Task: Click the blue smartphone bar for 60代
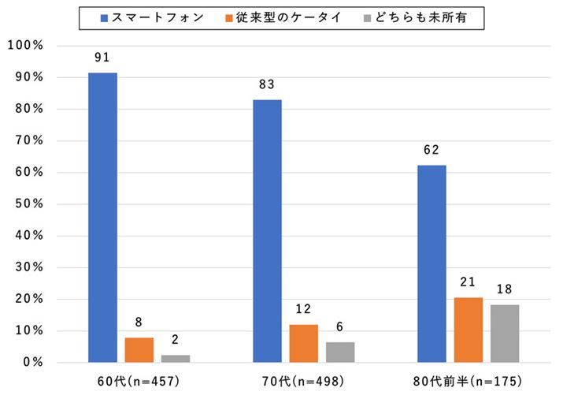click(102, 218)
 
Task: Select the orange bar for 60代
click(139, 350)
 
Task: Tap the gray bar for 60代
click(175, 359)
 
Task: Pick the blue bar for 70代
click(267, 231)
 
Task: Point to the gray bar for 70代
click(340, 352)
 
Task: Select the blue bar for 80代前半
click(432, 264)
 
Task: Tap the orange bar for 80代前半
click(468, 330)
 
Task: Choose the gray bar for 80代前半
click(504, 334)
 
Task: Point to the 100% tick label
click(25, 46)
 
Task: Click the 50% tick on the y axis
click(28, 204)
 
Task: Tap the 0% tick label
click(32, 363)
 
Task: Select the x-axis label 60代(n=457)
click(139, 383)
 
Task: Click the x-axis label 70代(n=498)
click(304, 383)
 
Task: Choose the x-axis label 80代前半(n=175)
click(468, 383)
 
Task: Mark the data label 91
click(102, 58)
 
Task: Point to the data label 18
click(504, 289)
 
